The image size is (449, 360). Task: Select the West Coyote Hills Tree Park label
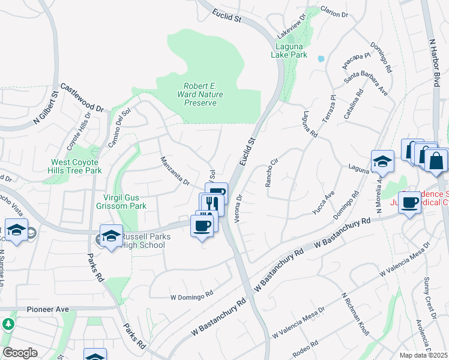[76, 166]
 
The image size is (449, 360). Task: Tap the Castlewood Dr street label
[82, 98]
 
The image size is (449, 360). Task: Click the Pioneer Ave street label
[48, 309]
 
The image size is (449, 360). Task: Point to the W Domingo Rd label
[192, 295]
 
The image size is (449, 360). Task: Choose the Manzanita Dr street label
[175, 170]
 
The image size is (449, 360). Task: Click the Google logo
[20, 353]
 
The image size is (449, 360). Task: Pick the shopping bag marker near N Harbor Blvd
[436, 160]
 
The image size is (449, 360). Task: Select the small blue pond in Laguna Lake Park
[321, 59]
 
